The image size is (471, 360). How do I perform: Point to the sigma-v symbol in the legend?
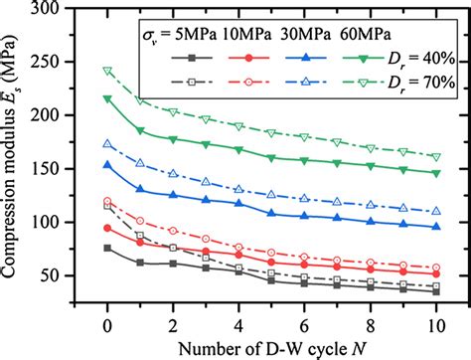click(x=145, y=37)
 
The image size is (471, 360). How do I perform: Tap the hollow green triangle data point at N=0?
click(x=107, y=71)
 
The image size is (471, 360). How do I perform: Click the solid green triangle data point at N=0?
click(x=107, y=98)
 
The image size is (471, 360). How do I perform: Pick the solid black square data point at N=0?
click(x=107, y=248)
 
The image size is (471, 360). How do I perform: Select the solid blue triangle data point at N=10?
click(x=436, y=226)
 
